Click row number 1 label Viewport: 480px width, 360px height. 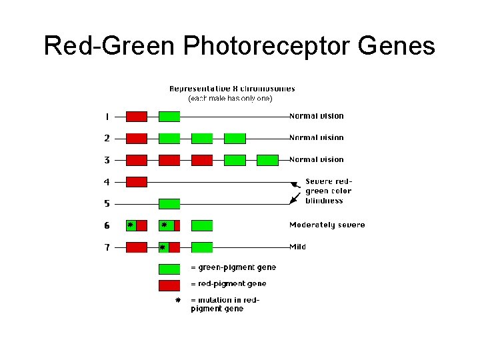pyautogui.click(x=107, y=117)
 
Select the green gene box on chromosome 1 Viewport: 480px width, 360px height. pyautogui.click(x=169, y=117)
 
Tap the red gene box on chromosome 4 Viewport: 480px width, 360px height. pyautogui.click(x=136, y=181)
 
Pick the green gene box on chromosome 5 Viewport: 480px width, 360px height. pyautogui.click(x=169, y=203)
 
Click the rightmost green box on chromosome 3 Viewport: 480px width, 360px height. pyautogui.click(x=267, y=160)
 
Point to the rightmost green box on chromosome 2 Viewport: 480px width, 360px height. pyautogui.click(x=235, y=139)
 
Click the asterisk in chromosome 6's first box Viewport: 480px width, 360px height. pyautogui.click(x=131, y=225)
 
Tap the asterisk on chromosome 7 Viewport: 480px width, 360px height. pyautogui.click(x=163, y=247)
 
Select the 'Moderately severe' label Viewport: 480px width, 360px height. pyautogui.click(x=327, y=225)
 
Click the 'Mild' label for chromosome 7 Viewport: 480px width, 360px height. pyautogui.click(x=297, y=247)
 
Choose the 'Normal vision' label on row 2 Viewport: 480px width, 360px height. pyautogui.click(x=316, y=138)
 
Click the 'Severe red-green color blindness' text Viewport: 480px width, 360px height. pyautogui.click(x=328, y=191)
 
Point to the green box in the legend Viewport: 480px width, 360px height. pyautogui.click(x=169, y=269)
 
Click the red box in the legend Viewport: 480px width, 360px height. pyautogui.click(x=169, y=285)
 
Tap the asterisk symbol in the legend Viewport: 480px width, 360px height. pyautogui.click(x=177, y=301)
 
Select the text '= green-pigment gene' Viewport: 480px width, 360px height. pyautogui.click(x=233, y=268)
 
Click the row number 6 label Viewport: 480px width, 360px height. pyautogui.click(x=107, y=226)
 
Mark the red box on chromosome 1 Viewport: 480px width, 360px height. pyautogui.click(x=136, y=117)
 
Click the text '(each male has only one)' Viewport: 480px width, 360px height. pyautogui.click(x=230, y=99)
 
